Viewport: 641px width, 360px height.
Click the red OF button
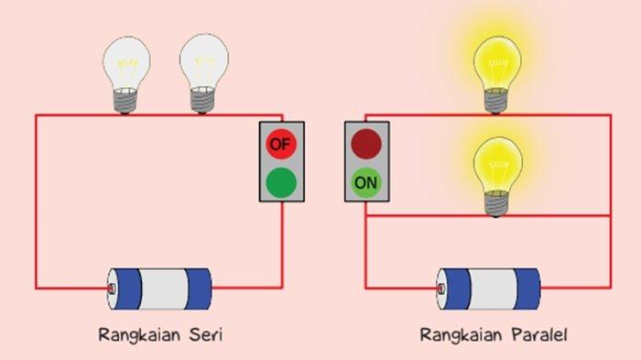282,144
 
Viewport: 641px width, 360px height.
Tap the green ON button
366,182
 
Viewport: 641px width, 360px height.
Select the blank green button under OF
282,181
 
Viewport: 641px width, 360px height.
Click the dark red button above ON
366,144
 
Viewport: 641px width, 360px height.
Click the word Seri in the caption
203,335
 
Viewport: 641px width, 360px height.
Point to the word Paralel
539,335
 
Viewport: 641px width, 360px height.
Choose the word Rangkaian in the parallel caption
459,335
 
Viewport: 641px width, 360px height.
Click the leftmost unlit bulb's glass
127,60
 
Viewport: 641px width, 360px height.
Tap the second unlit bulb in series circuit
204,60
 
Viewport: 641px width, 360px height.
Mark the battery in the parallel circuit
488,289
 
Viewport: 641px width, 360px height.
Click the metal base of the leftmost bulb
127,101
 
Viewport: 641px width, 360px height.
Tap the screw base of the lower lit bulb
496,205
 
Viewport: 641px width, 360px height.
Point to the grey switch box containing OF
282,161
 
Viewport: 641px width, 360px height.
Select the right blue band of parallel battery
525,289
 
